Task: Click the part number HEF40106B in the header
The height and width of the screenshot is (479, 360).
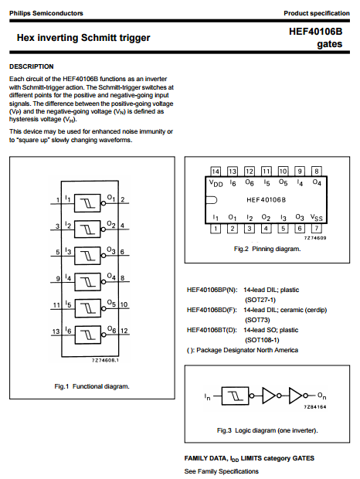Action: click(x=315, y=32)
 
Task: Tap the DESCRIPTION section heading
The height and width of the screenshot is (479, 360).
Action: click(x=32, y=66)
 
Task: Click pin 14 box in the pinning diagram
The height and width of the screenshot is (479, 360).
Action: click(x=216, y=172)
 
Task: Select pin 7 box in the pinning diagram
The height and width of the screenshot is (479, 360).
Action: click(x=316, y=228)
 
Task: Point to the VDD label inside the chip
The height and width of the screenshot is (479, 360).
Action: click(x=216, y=183)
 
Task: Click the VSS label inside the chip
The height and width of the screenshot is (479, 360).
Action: click(x=316, y=218)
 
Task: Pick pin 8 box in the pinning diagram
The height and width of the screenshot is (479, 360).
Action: click(x=316, y=172)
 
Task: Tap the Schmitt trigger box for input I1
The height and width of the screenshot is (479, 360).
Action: click(x=87, y=203)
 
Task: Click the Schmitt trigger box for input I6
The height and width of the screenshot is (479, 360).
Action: click(x=87, y=335)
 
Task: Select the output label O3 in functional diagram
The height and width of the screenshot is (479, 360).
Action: click(x=111, y=250)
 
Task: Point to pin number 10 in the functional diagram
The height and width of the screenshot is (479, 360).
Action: click(x=124, y=304)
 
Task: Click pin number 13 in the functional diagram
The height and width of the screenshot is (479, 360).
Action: click(x=56, y=331)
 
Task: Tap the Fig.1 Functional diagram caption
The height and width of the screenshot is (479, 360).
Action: click(x=92, y=386)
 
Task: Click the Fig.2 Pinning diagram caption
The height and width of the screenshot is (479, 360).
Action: click(x=267, y=249)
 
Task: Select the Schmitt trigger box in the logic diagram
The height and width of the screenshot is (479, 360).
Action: click(x=235, y=396)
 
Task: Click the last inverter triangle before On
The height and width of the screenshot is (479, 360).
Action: click(x=296, y=396)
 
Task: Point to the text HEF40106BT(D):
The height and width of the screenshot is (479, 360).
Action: click(x=212, y=330)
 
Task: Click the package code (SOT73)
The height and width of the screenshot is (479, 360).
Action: click(x=257, y=320)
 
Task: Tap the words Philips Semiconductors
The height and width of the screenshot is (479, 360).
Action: click(x=46, y=13)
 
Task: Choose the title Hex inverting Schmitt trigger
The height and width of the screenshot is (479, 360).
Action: click(x=83, y=38)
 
